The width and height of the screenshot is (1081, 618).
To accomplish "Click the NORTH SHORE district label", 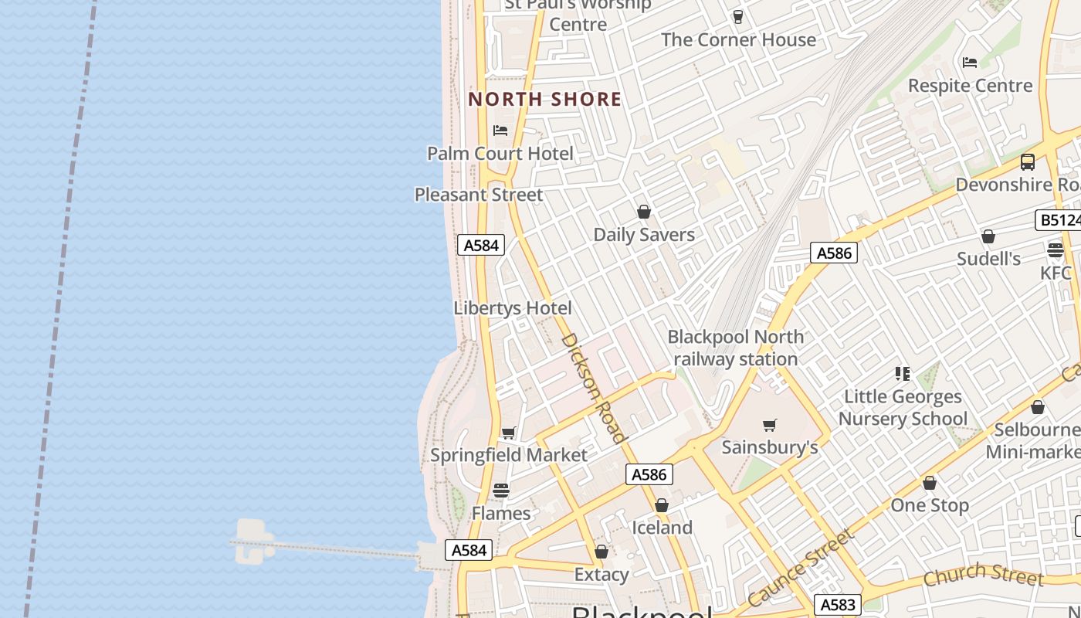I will (x=544, y=99).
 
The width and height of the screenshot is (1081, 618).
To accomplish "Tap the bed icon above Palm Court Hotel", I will (x=500, y=130).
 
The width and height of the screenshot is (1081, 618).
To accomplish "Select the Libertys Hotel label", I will (x=513, y=308).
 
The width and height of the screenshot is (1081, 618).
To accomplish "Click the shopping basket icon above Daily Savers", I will (x=644, y=212).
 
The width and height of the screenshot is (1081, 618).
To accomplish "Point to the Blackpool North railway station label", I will (x=735, y=348).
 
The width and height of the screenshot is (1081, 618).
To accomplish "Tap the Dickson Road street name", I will (x=592, y=387).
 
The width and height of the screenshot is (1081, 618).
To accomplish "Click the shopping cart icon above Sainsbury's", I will (x=769, y=425).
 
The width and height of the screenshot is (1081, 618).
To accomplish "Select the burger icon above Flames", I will (x=501, y=491).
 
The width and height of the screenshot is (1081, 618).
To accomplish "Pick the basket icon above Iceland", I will (x=662, y=505).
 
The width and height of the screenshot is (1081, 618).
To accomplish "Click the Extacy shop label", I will (x=601, y=574).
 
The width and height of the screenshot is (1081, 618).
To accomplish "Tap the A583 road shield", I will (x=837, y=605).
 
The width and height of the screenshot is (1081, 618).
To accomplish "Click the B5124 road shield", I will (x=1059, y=221).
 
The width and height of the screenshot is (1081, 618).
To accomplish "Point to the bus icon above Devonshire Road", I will (x=1027, y=162).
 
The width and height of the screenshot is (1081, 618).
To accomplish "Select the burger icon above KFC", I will (x=1056, y=250).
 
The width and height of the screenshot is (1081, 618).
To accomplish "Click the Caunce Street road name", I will (x=801, y=568).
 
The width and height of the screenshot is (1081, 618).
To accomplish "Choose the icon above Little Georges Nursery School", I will (x=902, y=374).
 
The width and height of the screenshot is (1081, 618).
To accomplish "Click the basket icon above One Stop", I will (x=930, y=483).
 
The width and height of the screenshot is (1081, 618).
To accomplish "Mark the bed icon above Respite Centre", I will (x=970, y=62).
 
